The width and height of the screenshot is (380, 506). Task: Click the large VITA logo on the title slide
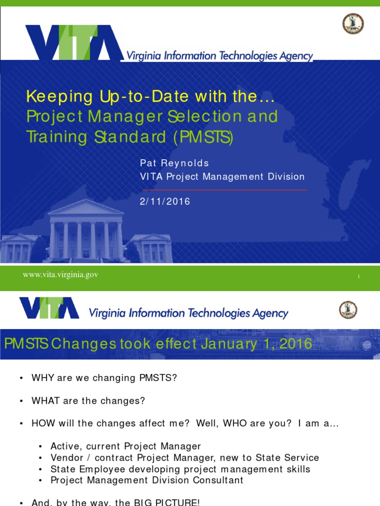74,42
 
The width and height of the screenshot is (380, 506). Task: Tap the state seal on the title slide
353,24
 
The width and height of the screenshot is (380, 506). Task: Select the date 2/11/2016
165,202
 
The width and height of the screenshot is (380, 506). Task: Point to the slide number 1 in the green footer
358,277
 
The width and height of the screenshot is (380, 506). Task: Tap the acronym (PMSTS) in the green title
203,136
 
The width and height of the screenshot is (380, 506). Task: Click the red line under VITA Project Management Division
224,190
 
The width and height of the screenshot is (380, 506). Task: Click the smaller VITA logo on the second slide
49,308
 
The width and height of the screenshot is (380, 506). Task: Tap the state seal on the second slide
348,310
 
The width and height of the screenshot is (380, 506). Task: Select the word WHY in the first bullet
41,379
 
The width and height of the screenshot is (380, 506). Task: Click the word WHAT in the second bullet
45,401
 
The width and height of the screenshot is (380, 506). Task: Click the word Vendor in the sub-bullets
65,458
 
